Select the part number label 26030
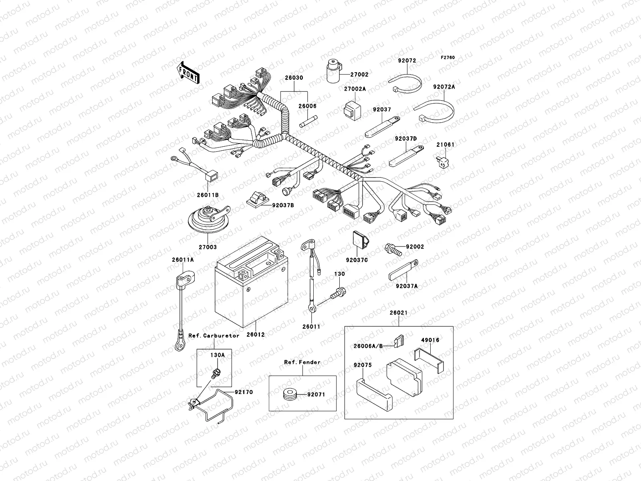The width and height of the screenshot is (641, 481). pos(294,78)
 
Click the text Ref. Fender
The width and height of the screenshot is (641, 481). pos(302,362)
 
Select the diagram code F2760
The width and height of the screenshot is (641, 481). pos(448,58)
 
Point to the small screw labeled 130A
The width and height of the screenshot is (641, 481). pos(216,372)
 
